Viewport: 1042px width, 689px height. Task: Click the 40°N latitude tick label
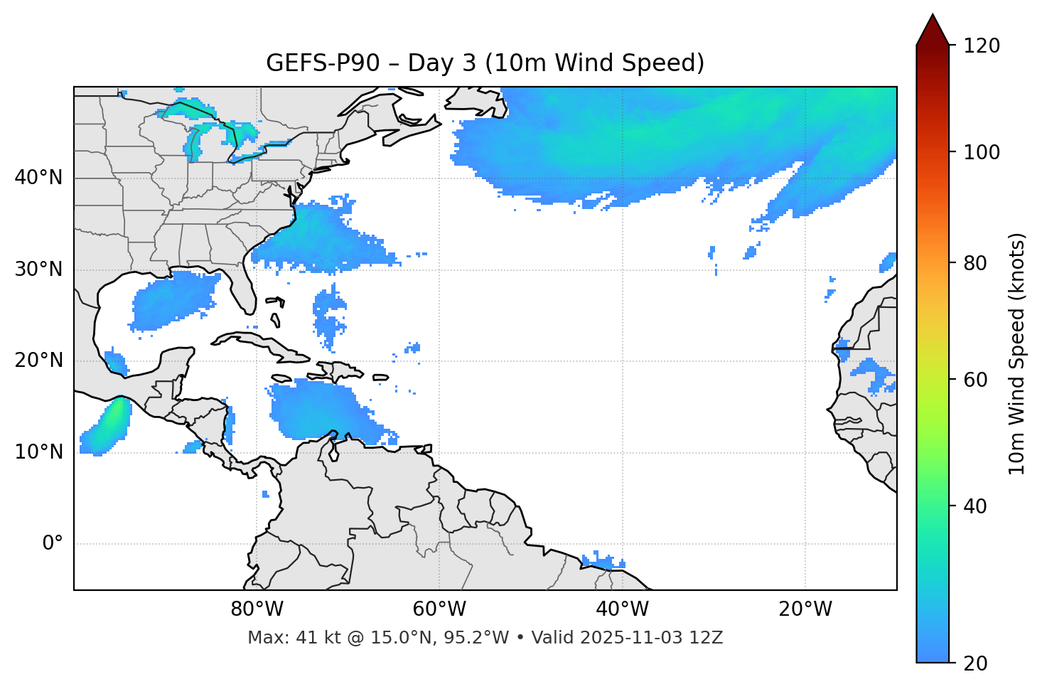coord(38,178)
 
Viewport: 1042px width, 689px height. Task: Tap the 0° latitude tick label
coord(53,544)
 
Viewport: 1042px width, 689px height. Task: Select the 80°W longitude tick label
coord(257,609)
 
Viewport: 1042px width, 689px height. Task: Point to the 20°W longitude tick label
coord(805,609)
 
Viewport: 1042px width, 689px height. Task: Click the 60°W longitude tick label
coord(439,609)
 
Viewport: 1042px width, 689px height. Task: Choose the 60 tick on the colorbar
coord(975,380)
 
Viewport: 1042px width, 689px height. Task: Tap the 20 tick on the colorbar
coord(975,663)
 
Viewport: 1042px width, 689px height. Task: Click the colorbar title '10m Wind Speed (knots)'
coord(1017,353)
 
